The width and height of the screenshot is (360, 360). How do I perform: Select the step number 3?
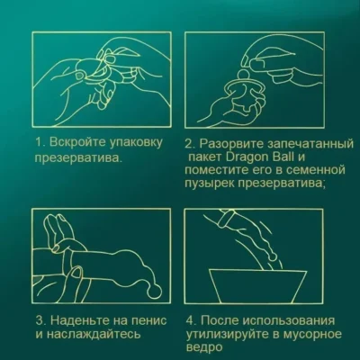click(40, 321)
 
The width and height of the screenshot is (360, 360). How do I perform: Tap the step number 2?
click(189, 142)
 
